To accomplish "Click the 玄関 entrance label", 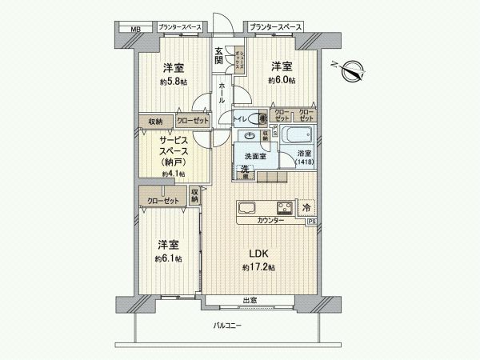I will pyautogui.click(x=218, y=58).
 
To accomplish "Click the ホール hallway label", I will pyautogui.click(x=222, y=93).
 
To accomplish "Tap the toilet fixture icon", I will pyautogui.click(x=262, y=118).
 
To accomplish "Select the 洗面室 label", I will pyautogui.click(x=255, y=156).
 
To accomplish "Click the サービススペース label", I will pyautogui.click(x=174, y=149).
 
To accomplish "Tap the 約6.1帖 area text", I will pyautogui.click(x=169, y=259).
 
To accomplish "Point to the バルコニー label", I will pyautogui.click(x=226, y=326).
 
